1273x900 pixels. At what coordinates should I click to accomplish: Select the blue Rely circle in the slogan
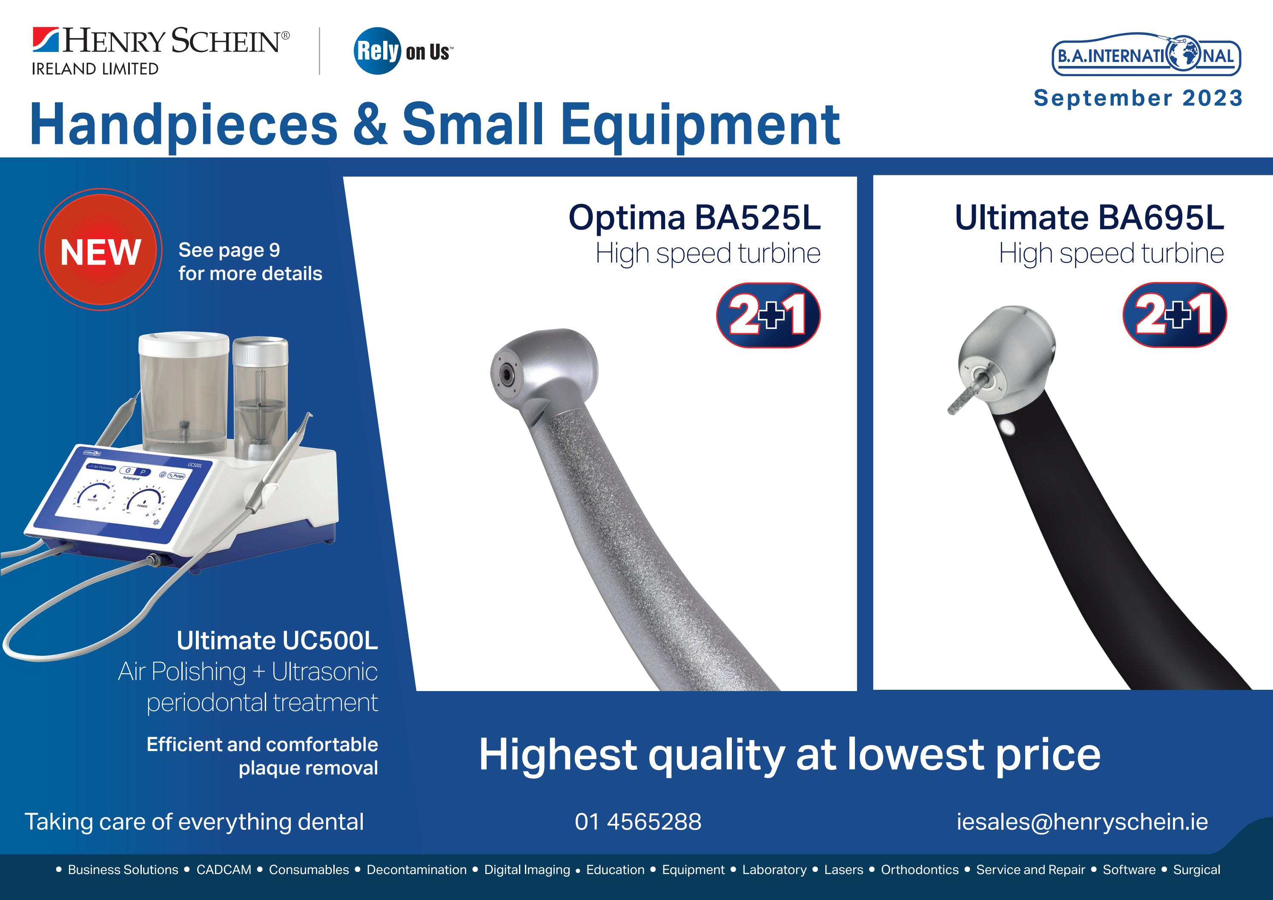pyautogui.click(x=377, y=51)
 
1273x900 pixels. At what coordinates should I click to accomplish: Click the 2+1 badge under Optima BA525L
pyautogui.click(x=768, y=315)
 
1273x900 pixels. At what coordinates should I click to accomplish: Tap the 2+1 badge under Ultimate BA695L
pyautogui.click(x=1174, y=315)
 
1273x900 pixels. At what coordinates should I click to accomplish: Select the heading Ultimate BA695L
pyautogui.click(x=1089, y=217)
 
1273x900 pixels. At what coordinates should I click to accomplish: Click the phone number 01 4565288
pyautogui.click(x=638, y=821)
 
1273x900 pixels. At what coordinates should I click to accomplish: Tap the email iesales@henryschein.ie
pyautogui.click(x=1082, y=821)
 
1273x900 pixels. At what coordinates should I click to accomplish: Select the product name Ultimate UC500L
pyautogui.click(x=277, y=641)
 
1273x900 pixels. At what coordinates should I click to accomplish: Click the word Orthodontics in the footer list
pyautogui.click(x=919, y=869)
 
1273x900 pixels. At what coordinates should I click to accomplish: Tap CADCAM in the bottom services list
pyautogui.click(x=224, y=869)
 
